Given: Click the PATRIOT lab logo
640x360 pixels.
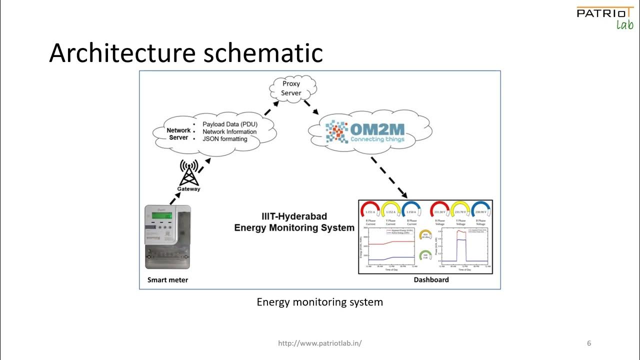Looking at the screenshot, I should [x=604, y=17].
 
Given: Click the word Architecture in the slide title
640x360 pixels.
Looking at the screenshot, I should [x=124, y=52].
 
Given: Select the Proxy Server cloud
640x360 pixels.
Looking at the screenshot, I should [x=291, y=88].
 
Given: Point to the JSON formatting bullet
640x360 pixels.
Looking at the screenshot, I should [x=224, y=139].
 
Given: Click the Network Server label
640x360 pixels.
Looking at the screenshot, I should [x=178, y=134].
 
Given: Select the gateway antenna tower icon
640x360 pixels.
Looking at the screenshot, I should [x=188, y=172].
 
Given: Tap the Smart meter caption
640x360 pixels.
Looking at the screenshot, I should [x=167, y=280].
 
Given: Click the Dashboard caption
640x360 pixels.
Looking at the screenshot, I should [x=431, y=280].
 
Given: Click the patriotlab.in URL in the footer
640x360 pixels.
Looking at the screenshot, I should [x=319, y=343].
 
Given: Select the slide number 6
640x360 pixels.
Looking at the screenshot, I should [x=589, y=343].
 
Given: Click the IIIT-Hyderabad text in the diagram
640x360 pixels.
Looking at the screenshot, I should [x=294, y=216].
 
